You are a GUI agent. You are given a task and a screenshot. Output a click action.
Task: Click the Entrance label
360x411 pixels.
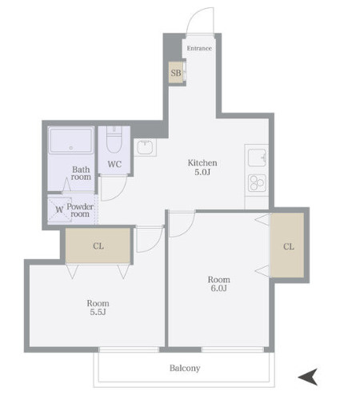pos(199,48)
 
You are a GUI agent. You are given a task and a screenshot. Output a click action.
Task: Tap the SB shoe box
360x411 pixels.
pos(176,73)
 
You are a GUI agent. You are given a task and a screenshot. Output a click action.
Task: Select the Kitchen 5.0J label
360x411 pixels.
pos(202,167)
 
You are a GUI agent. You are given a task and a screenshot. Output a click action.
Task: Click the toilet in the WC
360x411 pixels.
pos(114,140)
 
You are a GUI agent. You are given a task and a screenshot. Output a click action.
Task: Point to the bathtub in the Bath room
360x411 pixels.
pos(71,141)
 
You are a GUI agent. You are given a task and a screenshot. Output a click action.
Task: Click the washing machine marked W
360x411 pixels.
pos(59,209)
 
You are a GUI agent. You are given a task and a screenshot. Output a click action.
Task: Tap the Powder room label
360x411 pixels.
pos(80,210)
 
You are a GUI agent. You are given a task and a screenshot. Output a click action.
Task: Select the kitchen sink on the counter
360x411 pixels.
pos(257,158)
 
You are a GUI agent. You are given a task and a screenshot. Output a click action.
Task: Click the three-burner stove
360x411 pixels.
pos(257,183)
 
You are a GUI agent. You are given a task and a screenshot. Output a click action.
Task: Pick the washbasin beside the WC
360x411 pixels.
pos(145,147)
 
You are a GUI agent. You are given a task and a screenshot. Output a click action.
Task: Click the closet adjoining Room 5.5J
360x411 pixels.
pos(98,245)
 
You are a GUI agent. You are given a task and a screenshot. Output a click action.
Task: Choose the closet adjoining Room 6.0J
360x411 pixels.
pos(287,245)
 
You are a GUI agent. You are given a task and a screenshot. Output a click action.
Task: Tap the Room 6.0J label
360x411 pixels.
pos(219,284)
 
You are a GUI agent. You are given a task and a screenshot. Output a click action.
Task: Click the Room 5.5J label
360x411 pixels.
pos(98,307)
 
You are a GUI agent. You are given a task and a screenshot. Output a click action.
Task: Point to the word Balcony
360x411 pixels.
pos(185,368)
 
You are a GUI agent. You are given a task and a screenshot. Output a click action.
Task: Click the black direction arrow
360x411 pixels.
pos(308,377)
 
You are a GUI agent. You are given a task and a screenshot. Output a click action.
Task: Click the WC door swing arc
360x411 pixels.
pos(121,194)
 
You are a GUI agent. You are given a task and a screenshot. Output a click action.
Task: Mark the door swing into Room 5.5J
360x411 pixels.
pos(156,245)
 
